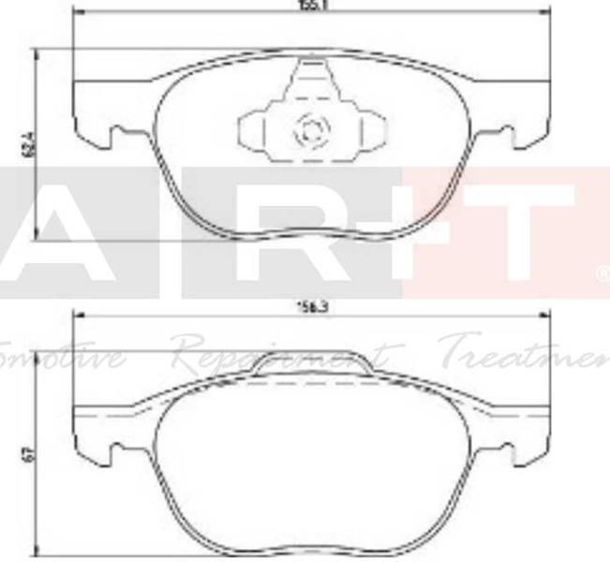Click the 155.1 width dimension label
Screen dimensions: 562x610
[305, 5]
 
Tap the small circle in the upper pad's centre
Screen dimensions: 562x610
[307, 130]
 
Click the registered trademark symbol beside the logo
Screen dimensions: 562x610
[601, 274]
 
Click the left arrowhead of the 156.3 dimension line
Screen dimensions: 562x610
[77, 315]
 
